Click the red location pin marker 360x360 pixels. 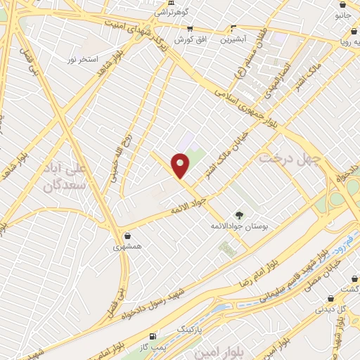(x=181, y=166)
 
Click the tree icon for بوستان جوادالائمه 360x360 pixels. (x=238, y=215)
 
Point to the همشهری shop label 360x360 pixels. (x=127, y=247)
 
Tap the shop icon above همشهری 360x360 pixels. (x=127, y=236)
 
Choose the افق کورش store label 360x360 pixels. (x=190, y=39)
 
